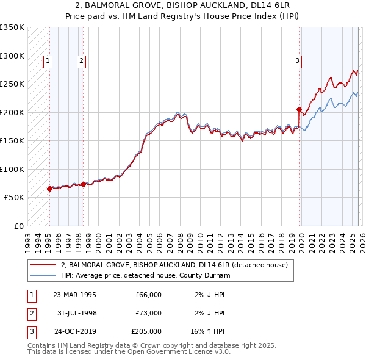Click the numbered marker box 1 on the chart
coord(48,60)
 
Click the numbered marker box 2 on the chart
coord(81,60)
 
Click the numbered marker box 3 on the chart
coord(297,60)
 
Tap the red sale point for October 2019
coord(299,110)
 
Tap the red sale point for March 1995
coord(49,189)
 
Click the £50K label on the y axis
coord(14,198)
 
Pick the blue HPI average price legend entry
coord(145,275)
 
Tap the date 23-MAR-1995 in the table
coord(74,295)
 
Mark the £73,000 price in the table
coord(148,313)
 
